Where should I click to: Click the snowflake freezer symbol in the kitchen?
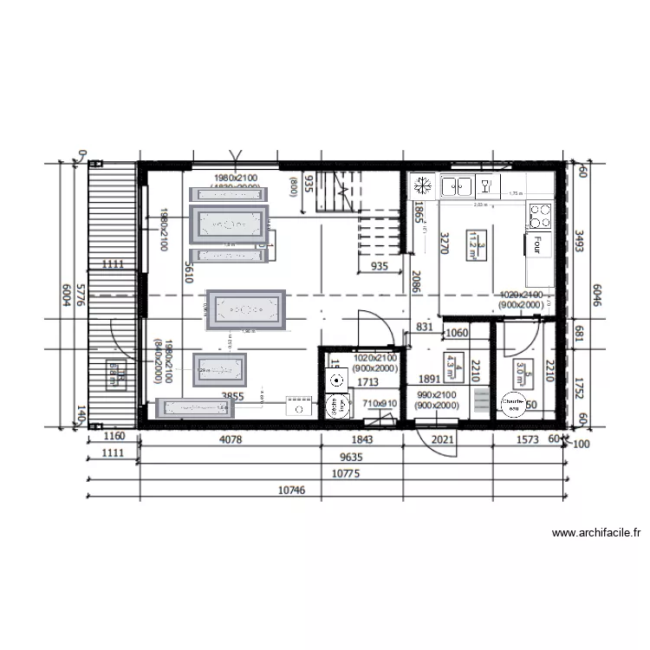(423, 185)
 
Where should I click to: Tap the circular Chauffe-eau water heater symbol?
(513, 404)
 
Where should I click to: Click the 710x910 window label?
(380, 403)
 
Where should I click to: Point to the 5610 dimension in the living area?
(189, 275)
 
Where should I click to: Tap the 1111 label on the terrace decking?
(113, 263)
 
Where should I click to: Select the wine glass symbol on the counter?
(485, 185)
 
